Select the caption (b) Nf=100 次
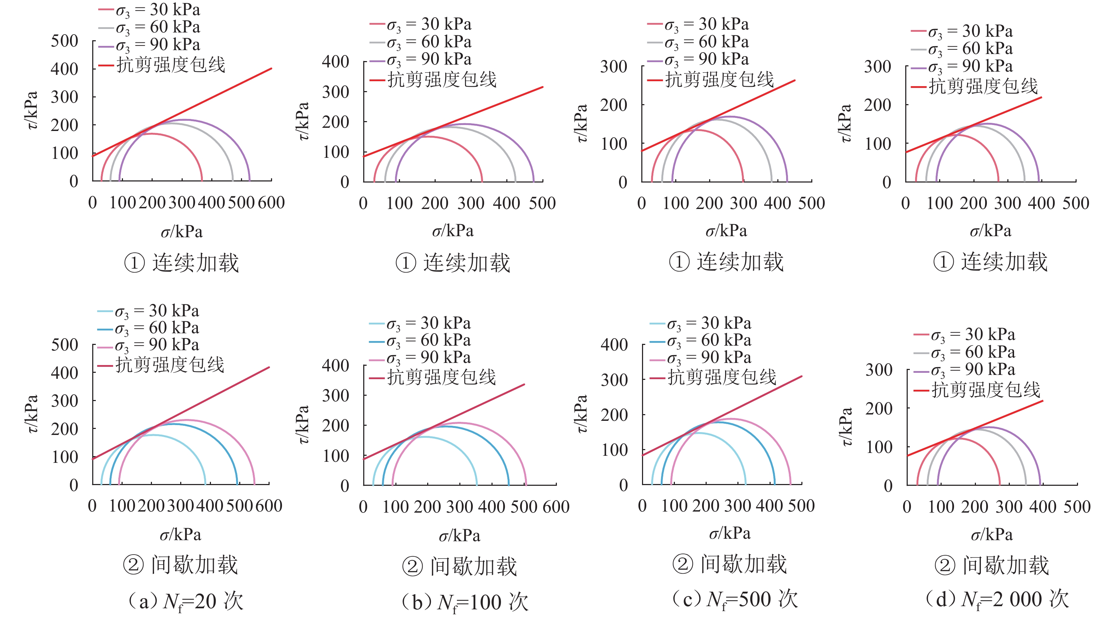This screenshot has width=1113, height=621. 465,602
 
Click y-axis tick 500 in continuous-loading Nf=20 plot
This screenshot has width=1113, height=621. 64,41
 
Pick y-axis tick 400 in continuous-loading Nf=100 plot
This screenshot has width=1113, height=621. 335,62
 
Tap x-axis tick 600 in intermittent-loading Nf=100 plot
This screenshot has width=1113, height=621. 556,507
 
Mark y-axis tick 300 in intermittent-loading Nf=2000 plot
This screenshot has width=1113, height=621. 879,370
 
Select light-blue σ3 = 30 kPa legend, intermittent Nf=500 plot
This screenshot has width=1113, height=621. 708,323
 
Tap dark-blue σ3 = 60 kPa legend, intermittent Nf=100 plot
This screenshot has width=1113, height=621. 428,341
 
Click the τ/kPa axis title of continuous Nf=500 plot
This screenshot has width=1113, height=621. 582,123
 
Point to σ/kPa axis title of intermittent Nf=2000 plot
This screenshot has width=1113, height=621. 991,535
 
